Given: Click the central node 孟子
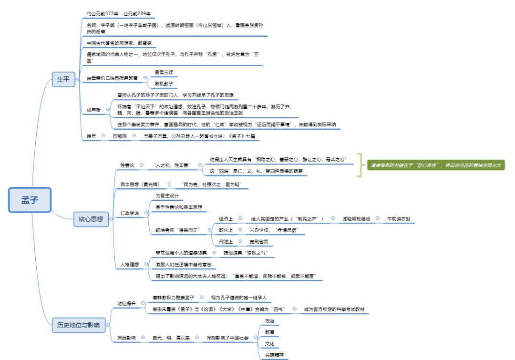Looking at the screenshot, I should click(30, 200).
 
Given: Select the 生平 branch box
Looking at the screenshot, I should click(63, 79).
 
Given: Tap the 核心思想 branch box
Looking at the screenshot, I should click(91, 219).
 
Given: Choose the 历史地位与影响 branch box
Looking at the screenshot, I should click(79, 326).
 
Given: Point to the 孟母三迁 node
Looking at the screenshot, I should click(164, 72).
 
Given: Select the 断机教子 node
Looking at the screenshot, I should click(164, 84).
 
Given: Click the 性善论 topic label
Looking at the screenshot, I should click(127, 165).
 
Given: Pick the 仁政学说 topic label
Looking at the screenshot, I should click(129, 213).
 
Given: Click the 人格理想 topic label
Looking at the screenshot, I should click(129, 263).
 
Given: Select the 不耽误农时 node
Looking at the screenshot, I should click(399, 219).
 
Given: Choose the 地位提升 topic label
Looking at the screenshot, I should click(126, 303).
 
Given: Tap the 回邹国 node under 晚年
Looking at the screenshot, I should click(119, 136).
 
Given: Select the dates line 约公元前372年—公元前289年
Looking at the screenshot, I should click(122, 14).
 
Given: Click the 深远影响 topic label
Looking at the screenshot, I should click(126, 338).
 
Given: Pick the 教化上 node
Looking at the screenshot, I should click(226, 230).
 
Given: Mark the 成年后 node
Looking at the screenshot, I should click(93, 110).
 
